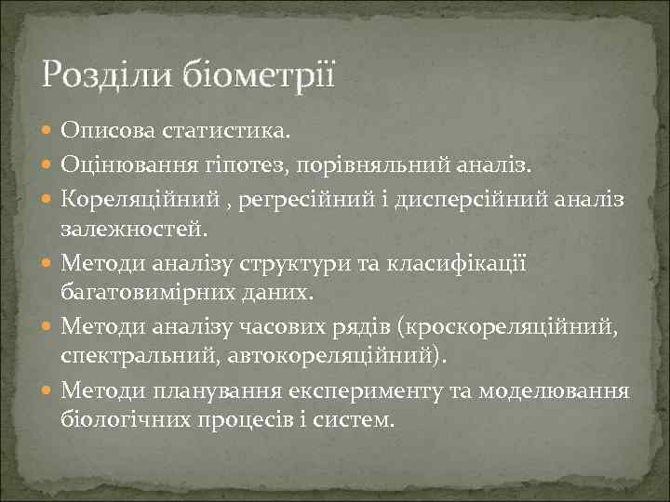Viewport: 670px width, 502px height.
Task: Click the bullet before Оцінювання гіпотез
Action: click(48, 165)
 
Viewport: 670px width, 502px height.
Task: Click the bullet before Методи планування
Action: click(48, 390)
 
